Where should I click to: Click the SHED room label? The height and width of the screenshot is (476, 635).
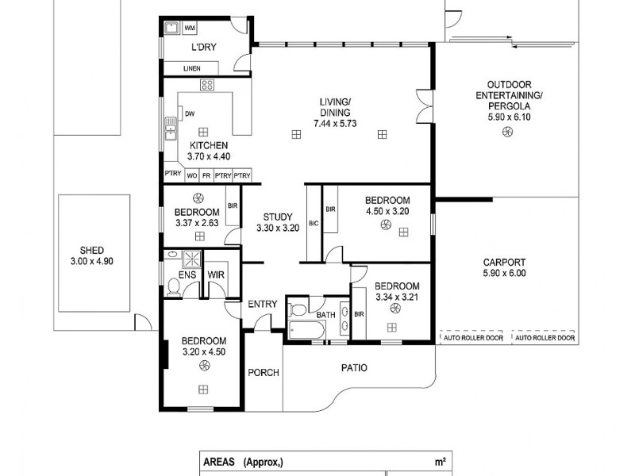coord(87,250)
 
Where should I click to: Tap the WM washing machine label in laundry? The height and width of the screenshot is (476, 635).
coord(190,29)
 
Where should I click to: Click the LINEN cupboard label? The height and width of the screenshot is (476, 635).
coord(191,69)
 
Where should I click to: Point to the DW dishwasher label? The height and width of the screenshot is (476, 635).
coord(190,113)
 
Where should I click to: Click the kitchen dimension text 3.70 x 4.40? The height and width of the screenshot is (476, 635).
coord(208,156)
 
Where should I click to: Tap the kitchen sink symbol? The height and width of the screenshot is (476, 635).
coord(169,129)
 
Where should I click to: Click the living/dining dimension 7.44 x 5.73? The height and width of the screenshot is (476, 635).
coord(335,124)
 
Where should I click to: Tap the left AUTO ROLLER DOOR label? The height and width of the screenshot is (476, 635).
coord(471,338)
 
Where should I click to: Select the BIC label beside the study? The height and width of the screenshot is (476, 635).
coord(313,224)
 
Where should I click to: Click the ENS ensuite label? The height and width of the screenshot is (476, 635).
coord(187,275)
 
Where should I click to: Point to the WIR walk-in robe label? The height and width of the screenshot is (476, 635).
coord(215,275)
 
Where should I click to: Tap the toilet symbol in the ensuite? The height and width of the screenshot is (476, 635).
coord(173,285)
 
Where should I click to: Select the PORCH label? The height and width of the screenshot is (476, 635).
coord(263,373)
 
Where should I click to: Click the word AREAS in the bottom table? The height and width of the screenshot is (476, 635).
coord(219,461)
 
